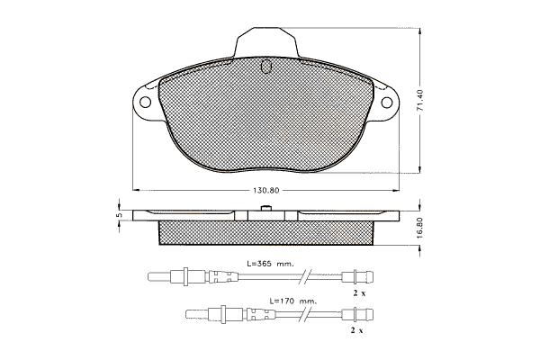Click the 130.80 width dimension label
coord(265,191)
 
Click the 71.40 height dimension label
coord(419,101)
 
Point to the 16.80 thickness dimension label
coord(419,228)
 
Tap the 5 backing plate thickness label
coord(120,215)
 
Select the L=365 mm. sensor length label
coord(270,264)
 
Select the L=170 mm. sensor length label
coord(292,301)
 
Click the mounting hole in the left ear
coord(145,103)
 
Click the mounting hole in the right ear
coord(387,103)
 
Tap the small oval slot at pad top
coord(265,66)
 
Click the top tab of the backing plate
coord(265,42)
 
